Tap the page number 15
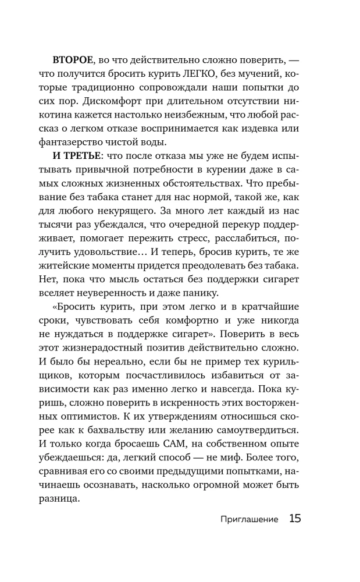tap(294, 518)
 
